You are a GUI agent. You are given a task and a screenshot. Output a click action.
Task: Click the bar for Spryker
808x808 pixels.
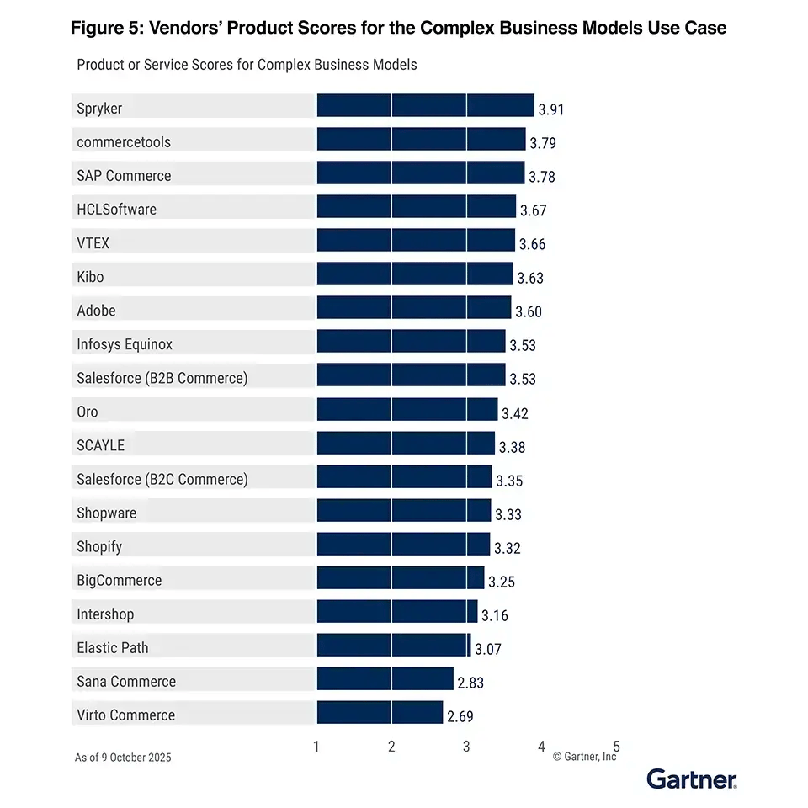425,106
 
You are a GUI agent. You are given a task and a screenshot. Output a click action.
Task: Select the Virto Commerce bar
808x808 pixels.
380,713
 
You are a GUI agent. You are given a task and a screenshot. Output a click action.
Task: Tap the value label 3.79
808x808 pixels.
542,143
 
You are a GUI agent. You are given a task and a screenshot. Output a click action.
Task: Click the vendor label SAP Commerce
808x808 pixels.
124,176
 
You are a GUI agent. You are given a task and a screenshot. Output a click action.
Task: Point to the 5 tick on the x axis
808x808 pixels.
617,746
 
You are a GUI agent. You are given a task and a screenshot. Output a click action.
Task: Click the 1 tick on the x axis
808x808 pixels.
316,746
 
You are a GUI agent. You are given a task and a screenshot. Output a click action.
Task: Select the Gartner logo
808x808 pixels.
692,779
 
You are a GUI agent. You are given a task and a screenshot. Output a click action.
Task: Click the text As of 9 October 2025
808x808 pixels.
123,757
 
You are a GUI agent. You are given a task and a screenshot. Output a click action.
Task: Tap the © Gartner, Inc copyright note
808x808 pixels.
584,757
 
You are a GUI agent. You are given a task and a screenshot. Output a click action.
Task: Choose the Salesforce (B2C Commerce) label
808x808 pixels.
162,479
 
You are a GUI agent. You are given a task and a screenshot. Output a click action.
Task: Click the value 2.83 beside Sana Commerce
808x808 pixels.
470,683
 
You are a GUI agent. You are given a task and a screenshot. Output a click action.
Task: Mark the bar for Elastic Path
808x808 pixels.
393,646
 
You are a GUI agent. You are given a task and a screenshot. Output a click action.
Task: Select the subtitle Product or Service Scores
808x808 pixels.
247,65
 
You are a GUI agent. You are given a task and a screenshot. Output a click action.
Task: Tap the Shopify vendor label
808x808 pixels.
99,546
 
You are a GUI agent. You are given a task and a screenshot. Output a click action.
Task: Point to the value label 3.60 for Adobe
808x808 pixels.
528,312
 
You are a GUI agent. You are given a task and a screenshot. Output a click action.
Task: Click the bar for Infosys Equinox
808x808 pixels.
411,342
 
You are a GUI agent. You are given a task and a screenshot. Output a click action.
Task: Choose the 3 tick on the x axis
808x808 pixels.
466,746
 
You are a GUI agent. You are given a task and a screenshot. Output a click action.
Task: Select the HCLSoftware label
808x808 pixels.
116,210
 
